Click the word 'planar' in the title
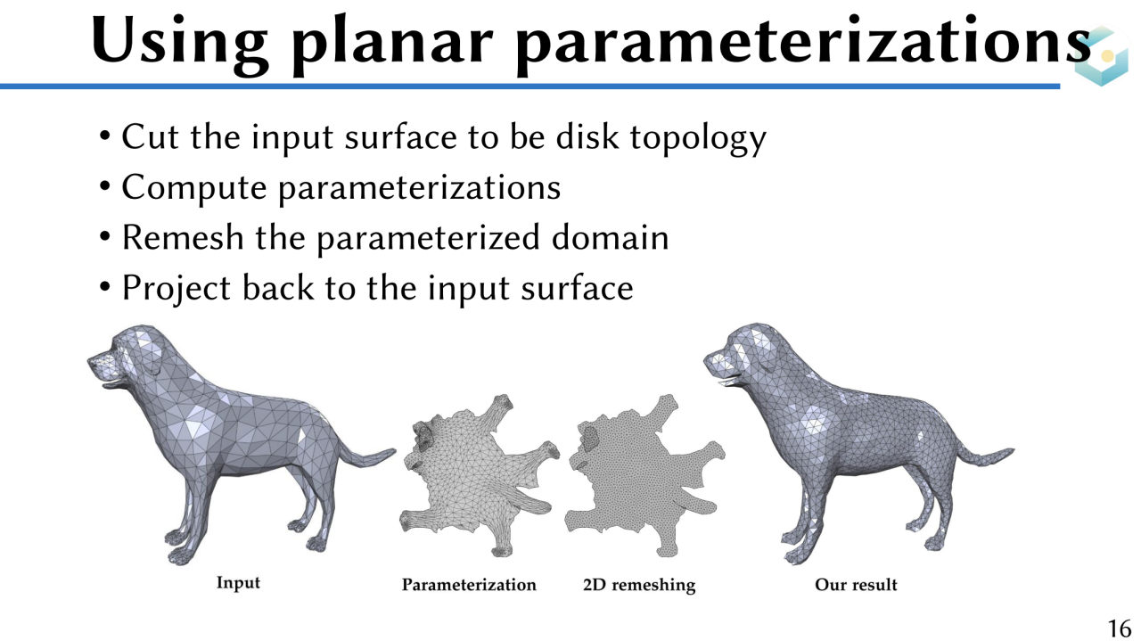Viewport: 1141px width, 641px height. pyautogui.click(x=392, y=45)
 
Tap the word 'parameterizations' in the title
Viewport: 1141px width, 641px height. pyautogui.click(x=804, y=45)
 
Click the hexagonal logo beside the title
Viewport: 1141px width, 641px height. pyautogui.click(x=1102, y=56)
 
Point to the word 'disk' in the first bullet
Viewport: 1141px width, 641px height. pyautogui.click(x=587, y=136)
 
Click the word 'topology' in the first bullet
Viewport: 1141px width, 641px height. pyautogui.click(x=698, y=138)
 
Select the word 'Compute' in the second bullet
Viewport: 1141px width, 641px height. pyautogui.click(x=194, y=188)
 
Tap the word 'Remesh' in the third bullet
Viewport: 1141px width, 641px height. pyautogui.click(x=183, y=237)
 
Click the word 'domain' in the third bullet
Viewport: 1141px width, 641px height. pyautogui.click(x=611, y=237)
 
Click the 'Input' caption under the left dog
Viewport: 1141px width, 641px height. pyautogui.click(x=238, y=583)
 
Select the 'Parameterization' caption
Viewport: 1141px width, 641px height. pyautogui.click(x=469, y=585)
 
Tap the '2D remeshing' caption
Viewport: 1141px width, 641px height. pyautogui.click(x=639, y=585)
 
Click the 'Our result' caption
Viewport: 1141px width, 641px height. pyautogui.click(x=856, y=585)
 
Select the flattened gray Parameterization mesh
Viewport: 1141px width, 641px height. pyautogui.click(x=478, y=476)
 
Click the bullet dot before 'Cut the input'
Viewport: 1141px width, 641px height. pyautogui.click(x=105, y=136)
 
